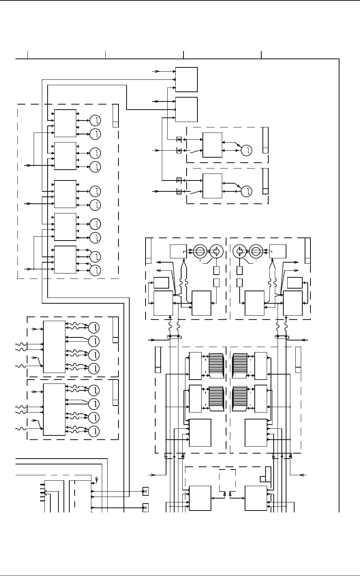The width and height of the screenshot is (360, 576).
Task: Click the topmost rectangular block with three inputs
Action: click(x=187, y=79)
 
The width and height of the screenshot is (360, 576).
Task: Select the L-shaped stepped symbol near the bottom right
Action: click(x=266, y=475)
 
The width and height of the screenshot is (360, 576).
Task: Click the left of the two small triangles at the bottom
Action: click(x=225, y=494)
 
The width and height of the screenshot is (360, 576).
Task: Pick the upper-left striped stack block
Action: click(x=216, y=366)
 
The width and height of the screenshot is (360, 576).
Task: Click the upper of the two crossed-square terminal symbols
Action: click(x=146, y=491)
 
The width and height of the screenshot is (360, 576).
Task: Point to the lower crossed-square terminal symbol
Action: click(x=146, y=507)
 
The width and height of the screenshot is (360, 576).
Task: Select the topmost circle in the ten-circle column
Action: click(x=95, y=120)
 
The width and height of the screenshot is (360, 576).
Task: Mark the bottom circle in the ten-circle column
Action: click(x=95, y=270)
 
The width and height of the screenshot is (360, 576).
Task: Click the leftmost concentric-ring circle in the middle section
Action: click(x=200, y=251)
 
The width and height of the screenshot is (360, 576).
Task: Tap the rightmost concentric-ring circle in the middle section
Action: click(x=255, y=251)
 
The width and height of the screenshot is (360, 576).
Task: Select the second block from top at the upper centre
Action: click(x=187, y=109)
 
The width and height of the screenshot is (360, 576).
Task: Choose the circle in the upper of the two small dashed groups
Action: click(x=247, y=150)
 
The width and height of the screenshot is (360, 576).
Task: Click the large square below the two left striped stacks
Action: click(x=200, y=433)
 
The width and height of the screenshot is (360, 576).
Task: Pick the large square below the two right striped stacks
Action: click(x=256, y=433)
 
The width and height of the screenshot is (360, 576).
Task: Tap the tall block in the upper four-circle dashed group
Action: click(x=54, y=347)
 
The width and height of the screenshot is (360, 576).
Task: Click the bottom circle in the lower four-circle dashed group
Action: click(x=94, y=431)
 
